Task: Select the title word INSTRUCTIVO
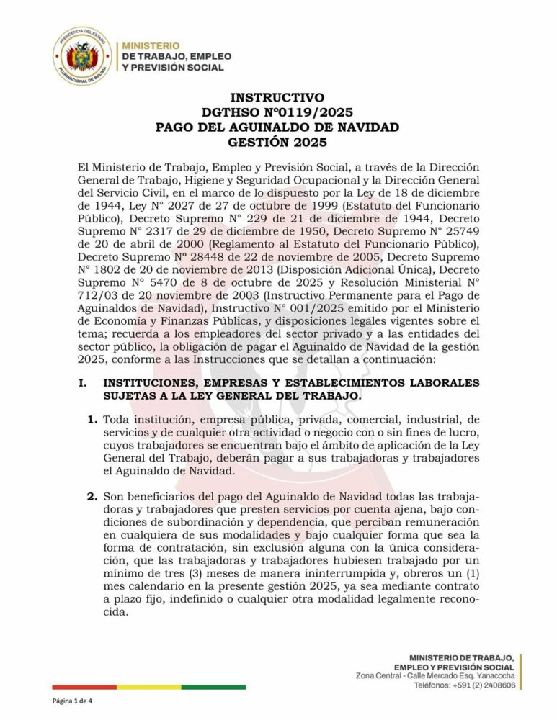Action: [277, 98]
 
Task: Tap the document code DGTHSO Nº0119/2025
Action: [277, 112]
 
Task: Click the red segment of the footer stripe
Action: [80, 687]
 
